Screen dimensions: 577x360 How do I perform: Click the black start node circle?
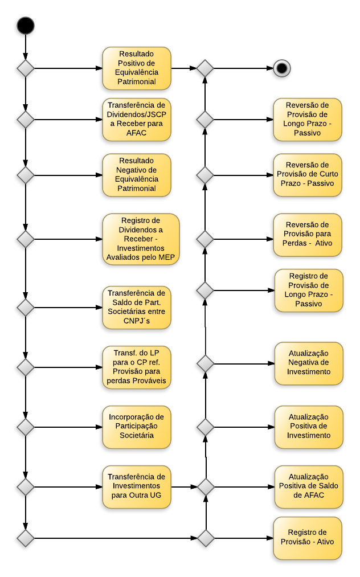[26, 26]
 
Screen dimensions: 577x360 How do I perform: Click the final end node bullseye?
[282, 68]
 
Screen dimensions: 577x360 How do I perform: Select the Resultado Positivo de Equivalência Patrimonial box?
[137, 68]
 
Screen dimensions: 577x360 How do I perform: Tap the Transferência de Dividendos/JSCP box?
[137, 120]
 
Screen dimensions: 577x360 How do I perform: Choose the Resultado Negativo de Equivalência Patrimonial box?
[137, 175]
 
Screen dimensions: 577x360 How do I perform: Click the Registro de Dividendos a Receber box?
[141, 239]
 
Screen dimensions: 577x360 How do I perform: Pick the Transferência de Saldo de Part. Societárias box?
[137, 308]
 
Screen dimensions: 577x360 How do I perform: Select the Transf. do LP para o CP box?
[137, 367]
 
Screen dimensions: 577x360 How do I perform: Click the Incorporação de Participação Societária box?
[137, 427]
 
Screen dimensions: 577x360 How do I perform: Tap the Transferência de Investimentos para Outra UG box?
[137, 487]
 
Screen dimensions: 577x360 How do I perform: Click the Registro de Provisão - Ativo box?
[308, 538]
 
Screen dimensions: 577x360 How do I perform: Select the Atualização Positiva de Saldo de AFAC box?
[309, 487]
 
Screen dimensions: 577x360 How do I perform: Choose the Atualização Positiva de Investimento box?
[309, 427]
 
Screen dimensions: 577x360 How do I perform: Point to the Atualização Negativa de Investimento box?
[309, 363]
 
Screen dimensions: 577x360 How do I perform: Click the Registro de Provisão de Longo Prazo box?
[309, 290]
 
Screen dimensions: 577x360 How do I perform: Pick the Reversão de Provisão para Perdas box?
[308, 235]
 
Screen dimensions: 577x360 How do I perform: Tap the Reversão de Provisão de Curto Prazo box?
[308, 175]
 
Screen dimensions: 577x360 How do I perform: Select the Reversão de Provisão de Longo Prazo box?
[308, 120]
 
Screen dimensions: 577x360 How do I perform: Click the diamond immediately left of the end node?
[205, 68]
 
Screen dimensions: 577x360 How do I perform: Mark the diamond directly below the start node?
[26, 68]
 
